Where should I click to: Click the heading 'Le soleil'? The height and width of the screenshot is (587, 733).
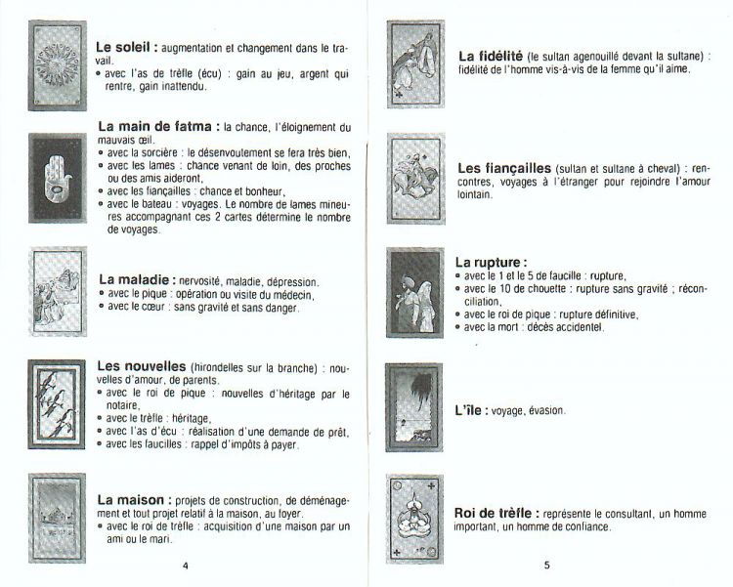pyautogui.click(x=125, y=47)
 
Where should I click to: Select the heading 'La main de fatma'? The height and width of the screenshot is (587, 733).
pyautogui.click(x=157, y=127)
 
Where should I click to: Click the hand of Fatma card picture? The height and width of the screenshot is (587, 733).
pyautogui.click(x=58, y=177)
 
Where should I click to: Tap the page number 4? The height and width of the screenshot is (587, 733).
pyautogui.click(x=184, y=566)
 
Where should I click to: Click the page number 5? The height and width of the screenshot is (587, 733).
pyautogui.click(x=547, y=566)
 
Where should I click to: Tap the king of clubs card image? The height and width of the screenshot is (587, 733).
pyautogui.click(x=416, y=519)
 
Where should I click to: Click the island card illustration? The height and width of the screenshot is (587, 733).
pyautogui.click(x=416, y=409)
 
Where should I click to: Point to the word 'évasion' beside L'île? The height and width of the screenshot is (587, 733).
pyautogui.click(x=543, y=411)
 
